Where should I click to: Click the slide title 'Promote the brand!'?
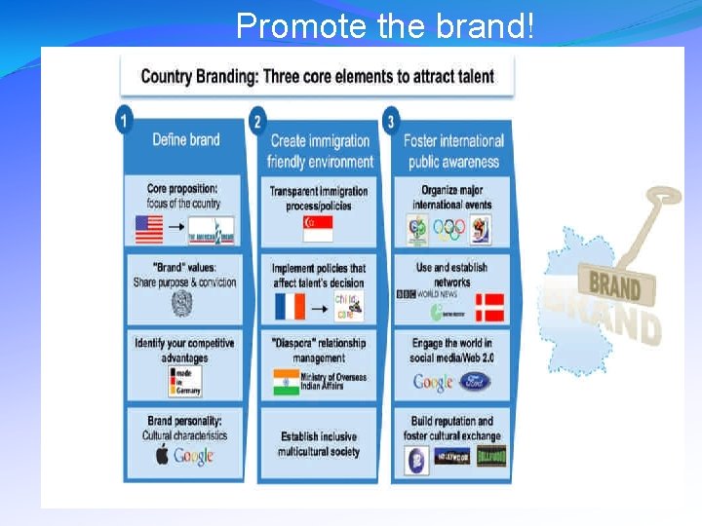tap(385, 25)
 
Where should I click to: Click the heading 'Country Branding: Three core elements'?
tap(317, 76)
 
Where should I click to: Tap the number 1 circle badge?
tap(124, 121)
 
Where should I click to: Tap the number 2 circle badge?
tap(257, 121)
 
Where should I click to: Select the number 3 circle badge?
tap(391, 121)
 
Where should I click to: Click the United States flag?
tap(149, 231)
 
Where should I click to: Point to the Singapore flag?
tap(318, 229)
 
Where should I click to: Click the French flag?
tap(290, 306)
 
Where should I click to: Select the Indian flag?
tap(287, 381)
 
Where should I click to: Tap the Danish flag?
tap(489, 307)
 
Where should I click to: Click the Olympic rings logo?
tap(449, 230)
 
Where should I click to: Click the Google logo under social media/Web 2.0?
tap(433, 382)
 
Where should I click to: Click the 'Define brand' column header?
tap(185, 140)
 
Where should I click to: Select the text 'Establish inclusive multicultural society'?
tap(318, 444)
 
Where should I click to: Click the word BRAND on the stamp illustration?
tap(614, 286)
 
